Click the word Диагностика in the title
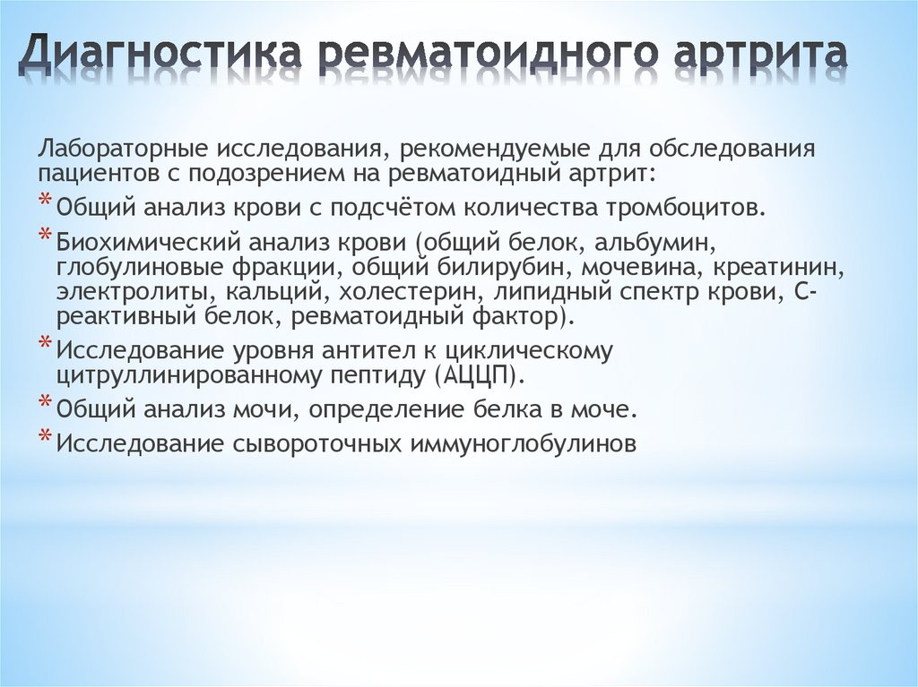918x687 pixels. coord(162,55)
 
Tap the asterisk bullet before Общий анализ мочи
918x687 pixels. coord(45,404)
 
